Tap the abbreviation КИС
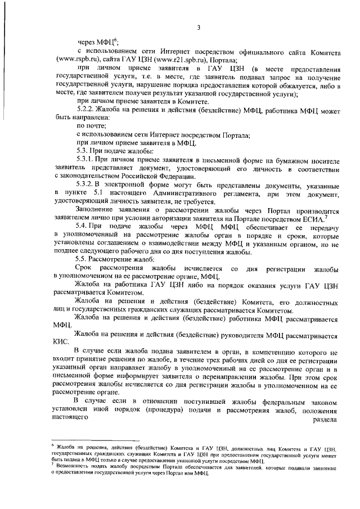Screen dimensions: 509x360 [61, 341]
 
